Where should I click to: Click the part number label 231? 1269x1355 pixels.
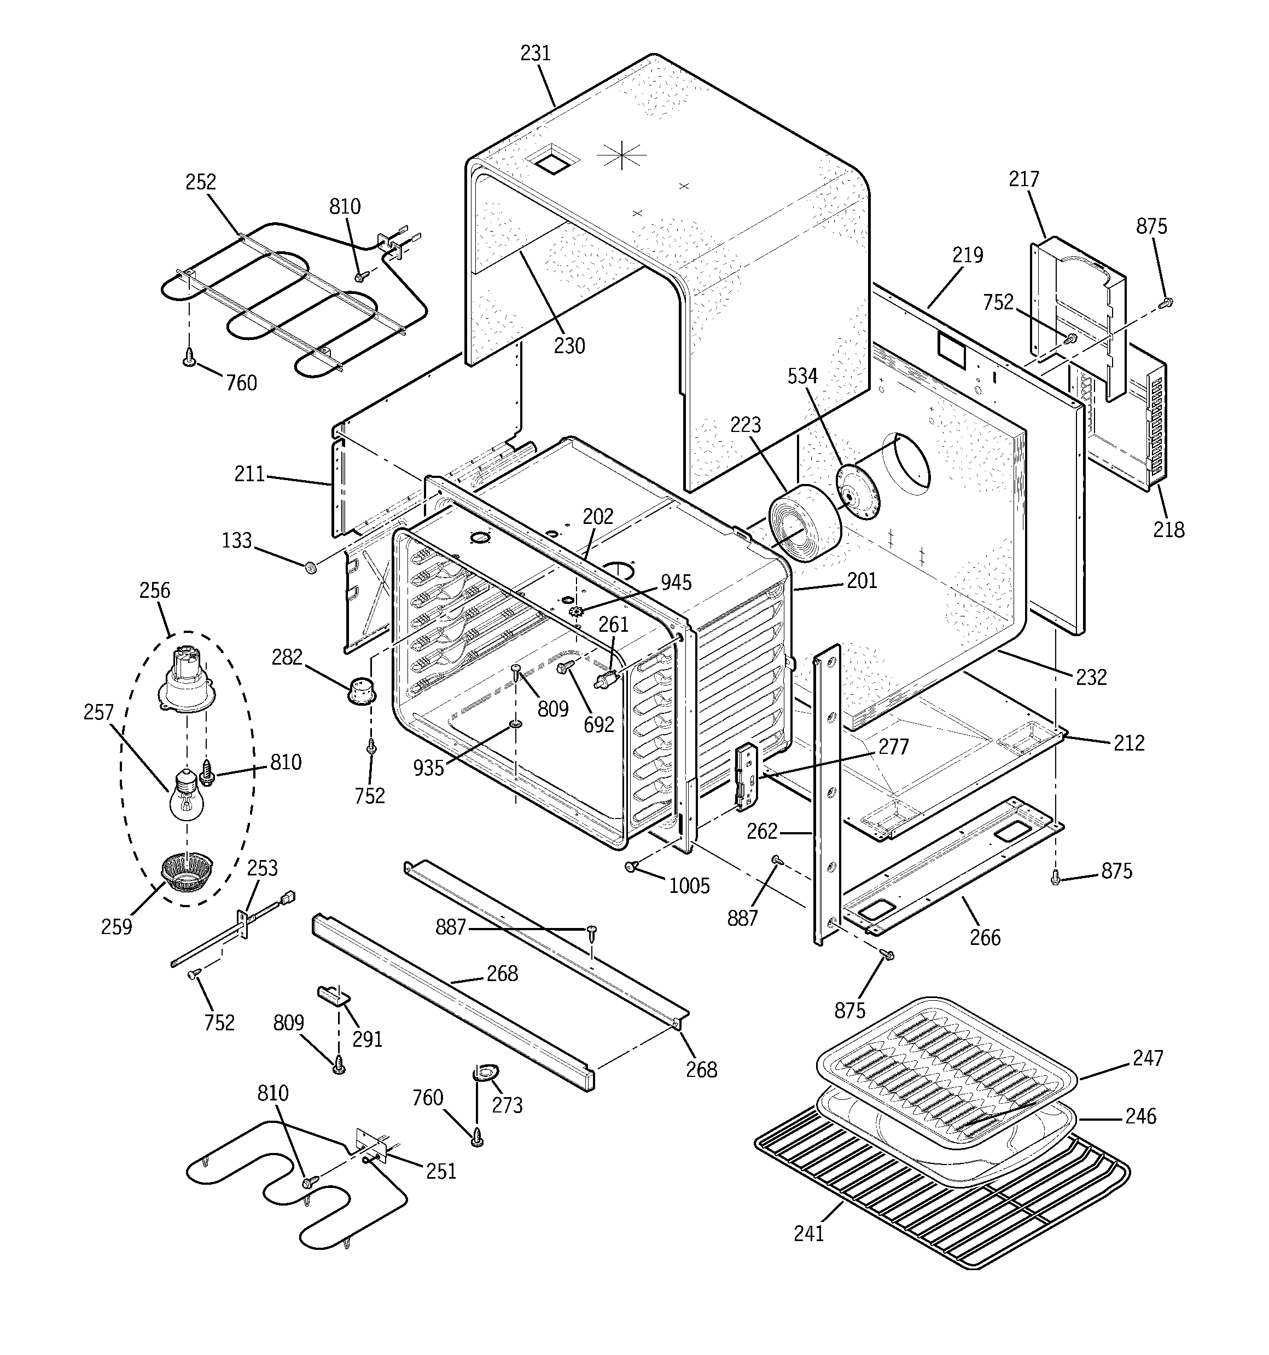[x=535, y=53]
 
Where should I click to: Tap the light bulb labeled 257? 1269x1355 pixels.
[x=186, y=797]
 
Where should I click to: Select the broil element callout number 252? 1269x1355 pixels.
[x=201, y=182]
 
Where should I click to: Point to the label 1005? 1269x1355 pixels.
[x=689, y=886]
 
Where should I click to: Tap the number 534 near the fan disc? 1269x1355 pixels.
[x=802, y=376]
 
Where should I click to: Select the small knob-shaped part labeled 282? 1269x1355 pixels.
[x=362, y=689]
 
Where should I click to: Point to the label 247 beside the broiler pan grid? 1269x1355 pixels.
[x=1148, y=1058]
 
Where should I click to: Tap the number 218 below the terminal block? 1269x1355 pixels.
[x=1168, y=529]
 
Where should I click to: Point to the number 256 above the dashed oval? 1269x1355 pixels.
[x=155, y=590]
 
